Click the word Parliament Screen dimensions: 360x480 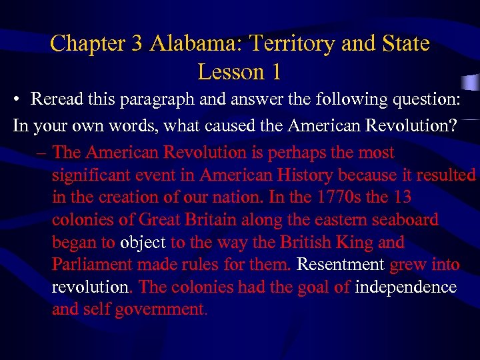pyautogui.click(x=92, y=265)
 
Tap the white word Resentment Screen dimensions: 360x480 pyautogui.click(x=340, y=265)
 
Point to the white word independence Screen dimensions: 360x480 pyautogui.click(x=406, y=288)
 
